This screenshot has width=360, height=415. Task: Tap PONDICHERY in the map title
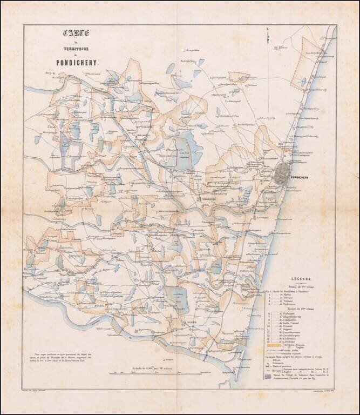(79, 62)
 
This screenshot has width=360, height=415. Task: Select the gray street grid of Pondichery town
(282, 174)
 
